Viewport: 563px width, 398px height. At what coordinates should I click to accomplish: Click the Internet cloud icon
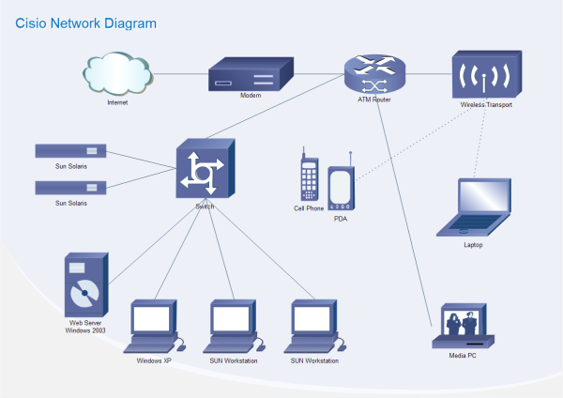117,73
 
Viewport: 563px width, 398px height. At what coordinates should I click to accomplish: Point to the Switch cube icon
204,169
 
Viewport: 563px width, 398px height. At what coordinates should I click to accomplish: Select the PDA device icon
340,184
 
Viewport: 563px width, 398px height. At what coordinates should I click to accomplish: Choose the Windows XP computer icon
154,325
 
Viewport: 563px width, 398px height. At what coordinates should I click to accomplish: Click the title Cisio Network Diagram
85,23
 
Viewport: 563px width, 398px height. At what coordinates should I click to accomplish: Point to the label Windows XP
154,360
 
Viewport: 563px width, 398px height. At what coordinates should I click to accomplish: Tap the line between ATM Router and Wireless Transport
427,72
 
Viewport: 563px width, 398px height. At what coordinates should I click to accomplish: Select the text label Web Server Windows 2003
85,327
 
